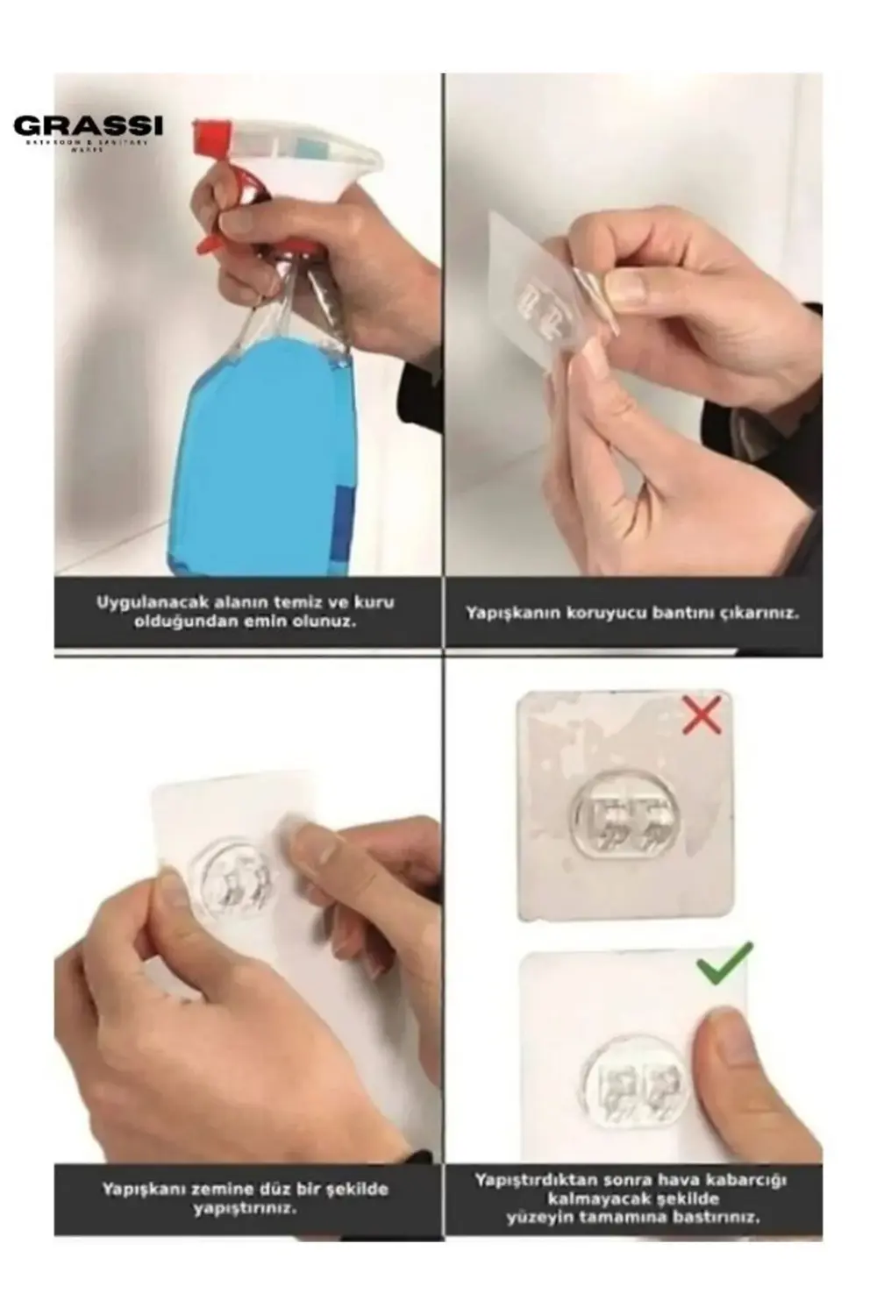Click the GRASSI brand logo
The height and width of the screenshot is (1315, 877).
click(x=88, y=127)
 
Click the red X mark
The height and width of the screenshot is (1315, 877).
click(x=702, y=714)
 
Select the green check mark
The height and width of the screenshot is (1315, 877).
click(x=724, y=964)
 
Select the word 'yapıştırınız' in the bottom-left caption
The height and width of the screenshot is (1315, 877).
click(x=245, y=1208)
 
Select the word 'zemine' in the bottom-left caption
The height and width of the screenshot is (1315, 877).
click(x=197, y=1190)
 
